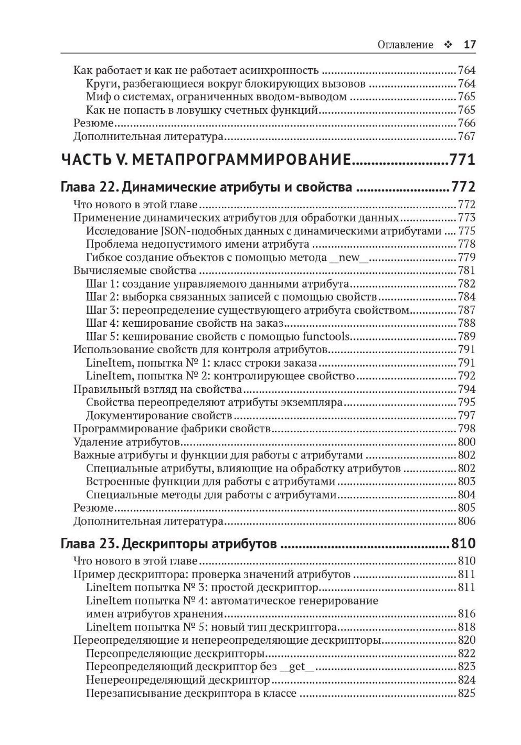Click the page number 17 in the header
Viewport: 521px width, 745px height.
470,45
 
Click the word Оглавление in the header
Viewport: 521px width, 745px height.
405,45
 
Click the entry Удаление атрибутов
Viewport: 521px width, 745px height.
126,442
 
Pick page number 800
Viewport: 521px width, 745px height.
466,442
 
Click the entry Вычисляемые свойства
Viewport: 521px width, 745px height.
135,270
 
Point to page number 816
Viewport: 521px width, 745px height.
466,613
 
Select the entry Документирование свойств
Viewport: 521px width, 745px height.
158,416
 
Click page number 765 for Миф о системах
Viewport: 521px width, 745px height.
466,97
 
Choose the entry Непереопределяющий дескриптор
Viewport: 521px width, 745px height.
177,680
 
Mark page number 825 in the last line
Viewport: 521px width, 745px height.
466,693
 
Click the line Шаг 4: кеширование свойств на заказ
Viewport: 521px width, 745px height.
184,323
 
